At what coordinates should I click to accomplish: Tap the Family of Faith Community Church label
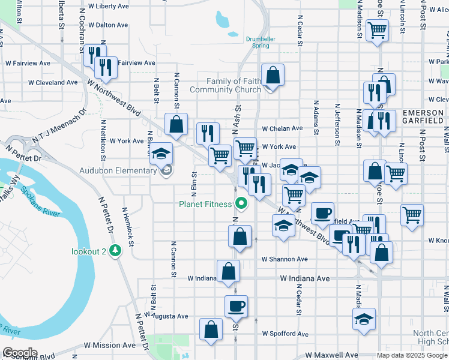pyautogui.click(x=224, y=85)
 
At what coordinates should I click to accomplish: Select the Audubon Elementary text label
pyautogui.click(x=118, y=171)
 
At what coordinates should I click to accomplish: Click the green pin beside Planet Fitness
pyautogui.click(x=242, y=204)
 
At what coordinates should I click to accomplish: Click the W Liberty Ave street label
pyautogui.click(x=107, y=7)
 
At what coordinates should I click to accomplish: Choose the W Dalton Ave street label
pyautogui.click(x=107, y=25)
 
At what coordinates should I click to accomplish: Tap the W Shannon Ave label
pyautogui.click(x=285, y=259)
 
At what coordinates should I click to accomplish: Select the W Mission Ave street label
pyautogui.click(x=110, y=346)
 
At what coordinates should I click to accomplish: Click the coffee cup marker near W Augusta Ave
pyautogui.click(x=235, y=306)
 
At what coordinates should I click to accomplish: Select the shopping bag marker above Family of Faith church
pyautogui.click(x=273, y=76)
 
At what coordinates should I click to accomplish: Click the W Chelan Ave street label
pyautogui.click(x=282, y=128)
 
